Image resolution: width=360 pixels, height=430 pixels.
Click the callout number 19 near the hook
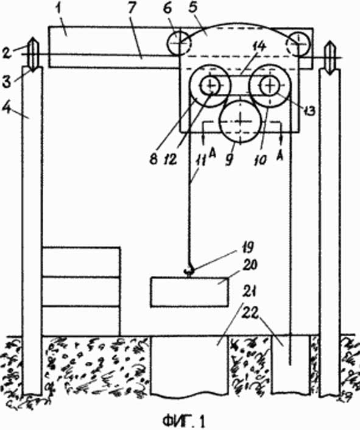245,248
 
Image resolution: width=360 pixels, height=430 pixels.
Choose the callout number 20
249,266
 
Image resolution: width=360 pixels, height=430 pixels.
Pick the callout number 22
250,314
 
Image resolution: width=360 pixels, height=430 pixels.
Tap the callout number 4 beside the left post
6,108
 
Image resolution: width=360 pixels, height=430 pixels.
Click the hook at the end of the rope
189,270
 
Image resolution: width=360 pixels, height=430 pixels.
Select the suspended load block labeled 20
189,292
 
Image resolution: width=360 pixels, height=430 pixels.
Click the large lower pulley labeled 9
241,121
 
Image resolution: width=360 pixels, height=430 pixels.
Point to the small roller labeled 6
178,43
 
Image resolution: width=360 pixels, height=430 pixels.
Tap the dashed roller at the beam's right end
297,44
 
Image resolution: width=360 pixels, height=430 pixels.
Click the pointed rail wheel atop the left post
32,54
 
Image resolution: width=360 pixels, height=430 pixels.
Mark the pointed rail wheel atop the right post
330,57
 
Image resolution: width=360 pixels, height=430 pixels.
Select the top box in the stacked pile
81,262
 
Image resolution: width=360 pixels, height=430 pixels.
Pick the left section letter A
212,153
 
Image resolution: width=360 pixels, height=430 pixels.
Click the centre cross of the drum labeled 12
211,85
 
